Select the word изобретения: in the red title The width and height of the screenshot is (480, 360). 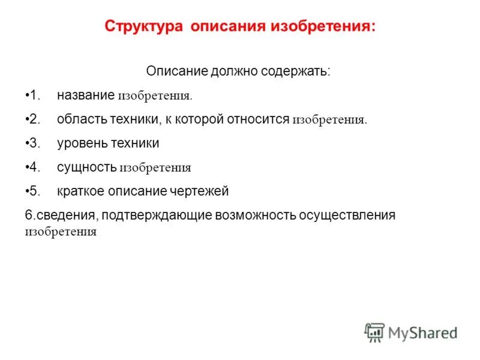(x=325, y=27)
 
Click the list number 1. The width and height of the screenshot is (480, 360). (x=34, y=95)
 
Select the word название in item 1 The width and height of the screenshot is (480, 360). (x=86, y=95)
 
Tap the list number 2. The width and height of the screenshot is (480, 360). (x=34, y=119)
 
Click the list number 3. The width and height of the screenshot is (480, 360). (x=34, y=143)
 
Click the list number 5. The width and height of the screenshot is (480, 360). (x=34, y=191)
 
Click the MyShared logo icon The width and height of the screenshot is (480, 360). (x=374, y=332)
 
